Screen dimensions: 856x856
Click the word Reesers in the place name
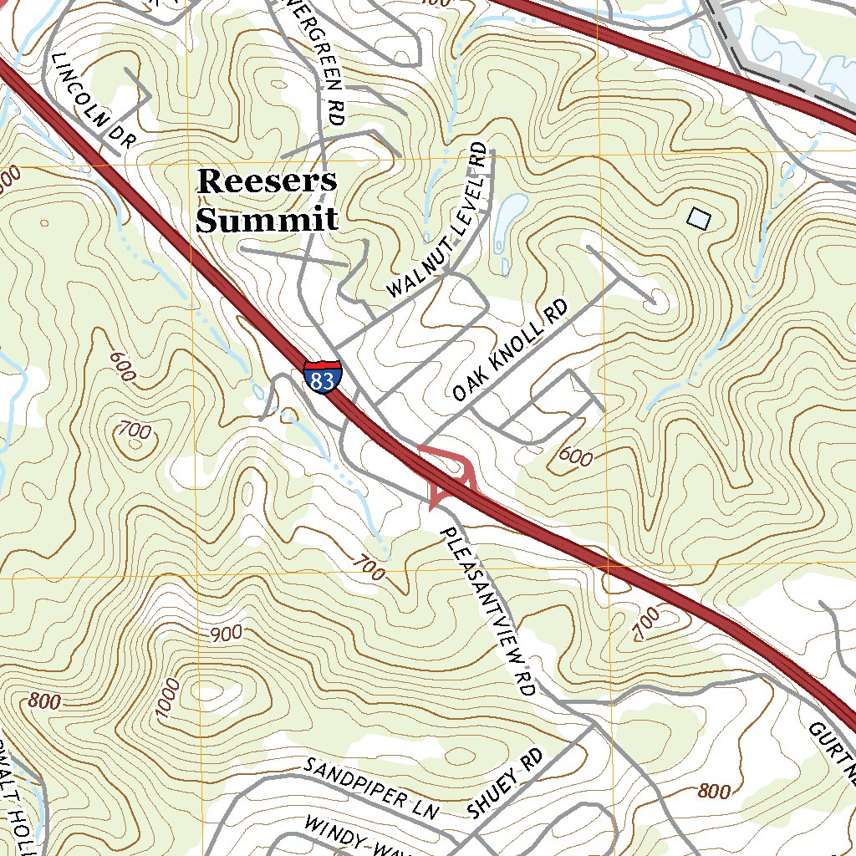(x=267, y=181)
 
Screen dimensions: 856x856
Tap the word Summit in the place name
(x=267, y=220)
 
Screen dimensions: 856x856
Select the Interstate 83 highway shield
(x=322, y=378)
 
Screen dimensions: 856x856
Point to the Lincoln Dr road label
(x=93, y=101)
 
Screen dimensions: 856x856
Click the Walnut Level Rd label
(x=437, y=221)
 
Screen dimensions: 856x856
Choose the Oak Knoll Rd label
(x=510, y=351)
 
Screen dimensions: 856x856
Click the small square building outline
(x=699, y=218)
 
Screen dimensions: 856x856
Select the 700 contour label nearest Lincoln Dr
(x=135, y=431)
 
